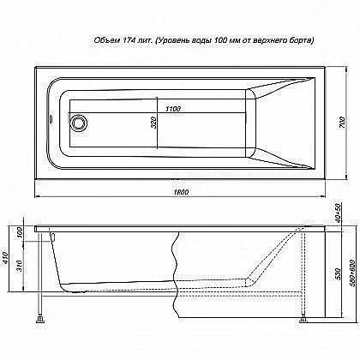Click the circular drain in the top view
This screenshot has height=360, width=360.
click(x=79, y=123)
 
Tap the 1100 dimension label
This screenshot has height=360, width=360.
click(x=173, y=109)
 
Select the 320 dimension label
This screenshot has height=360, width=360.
click(x=153, y=123)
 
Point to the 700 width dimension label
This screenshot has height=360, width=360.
click(x=342, y=123)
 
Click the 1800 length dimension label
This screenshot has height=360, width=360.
click(x=181, y=192)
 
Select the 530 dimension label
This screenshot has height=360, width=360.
click(x=338, y=273)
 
